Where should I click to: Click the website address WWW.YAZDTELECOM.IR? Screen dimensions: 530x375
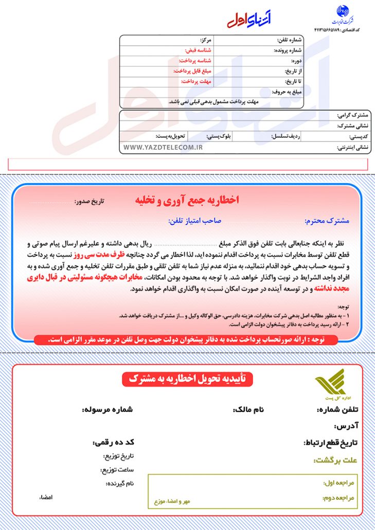click(163, 148)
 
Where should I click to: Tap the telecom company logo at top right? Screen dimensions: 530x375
click(343, 16)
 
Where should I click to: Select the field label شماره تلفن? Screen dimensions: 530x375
click(288, 40)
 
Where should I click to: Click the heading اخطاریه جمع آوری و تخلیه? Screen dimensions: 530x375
click(187, 200)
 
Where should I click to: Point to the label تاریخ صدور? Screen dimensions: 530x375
click(89, 201)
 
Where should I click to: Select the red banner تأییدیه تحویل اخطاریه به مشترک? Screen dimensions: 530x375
click(187, 380)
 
